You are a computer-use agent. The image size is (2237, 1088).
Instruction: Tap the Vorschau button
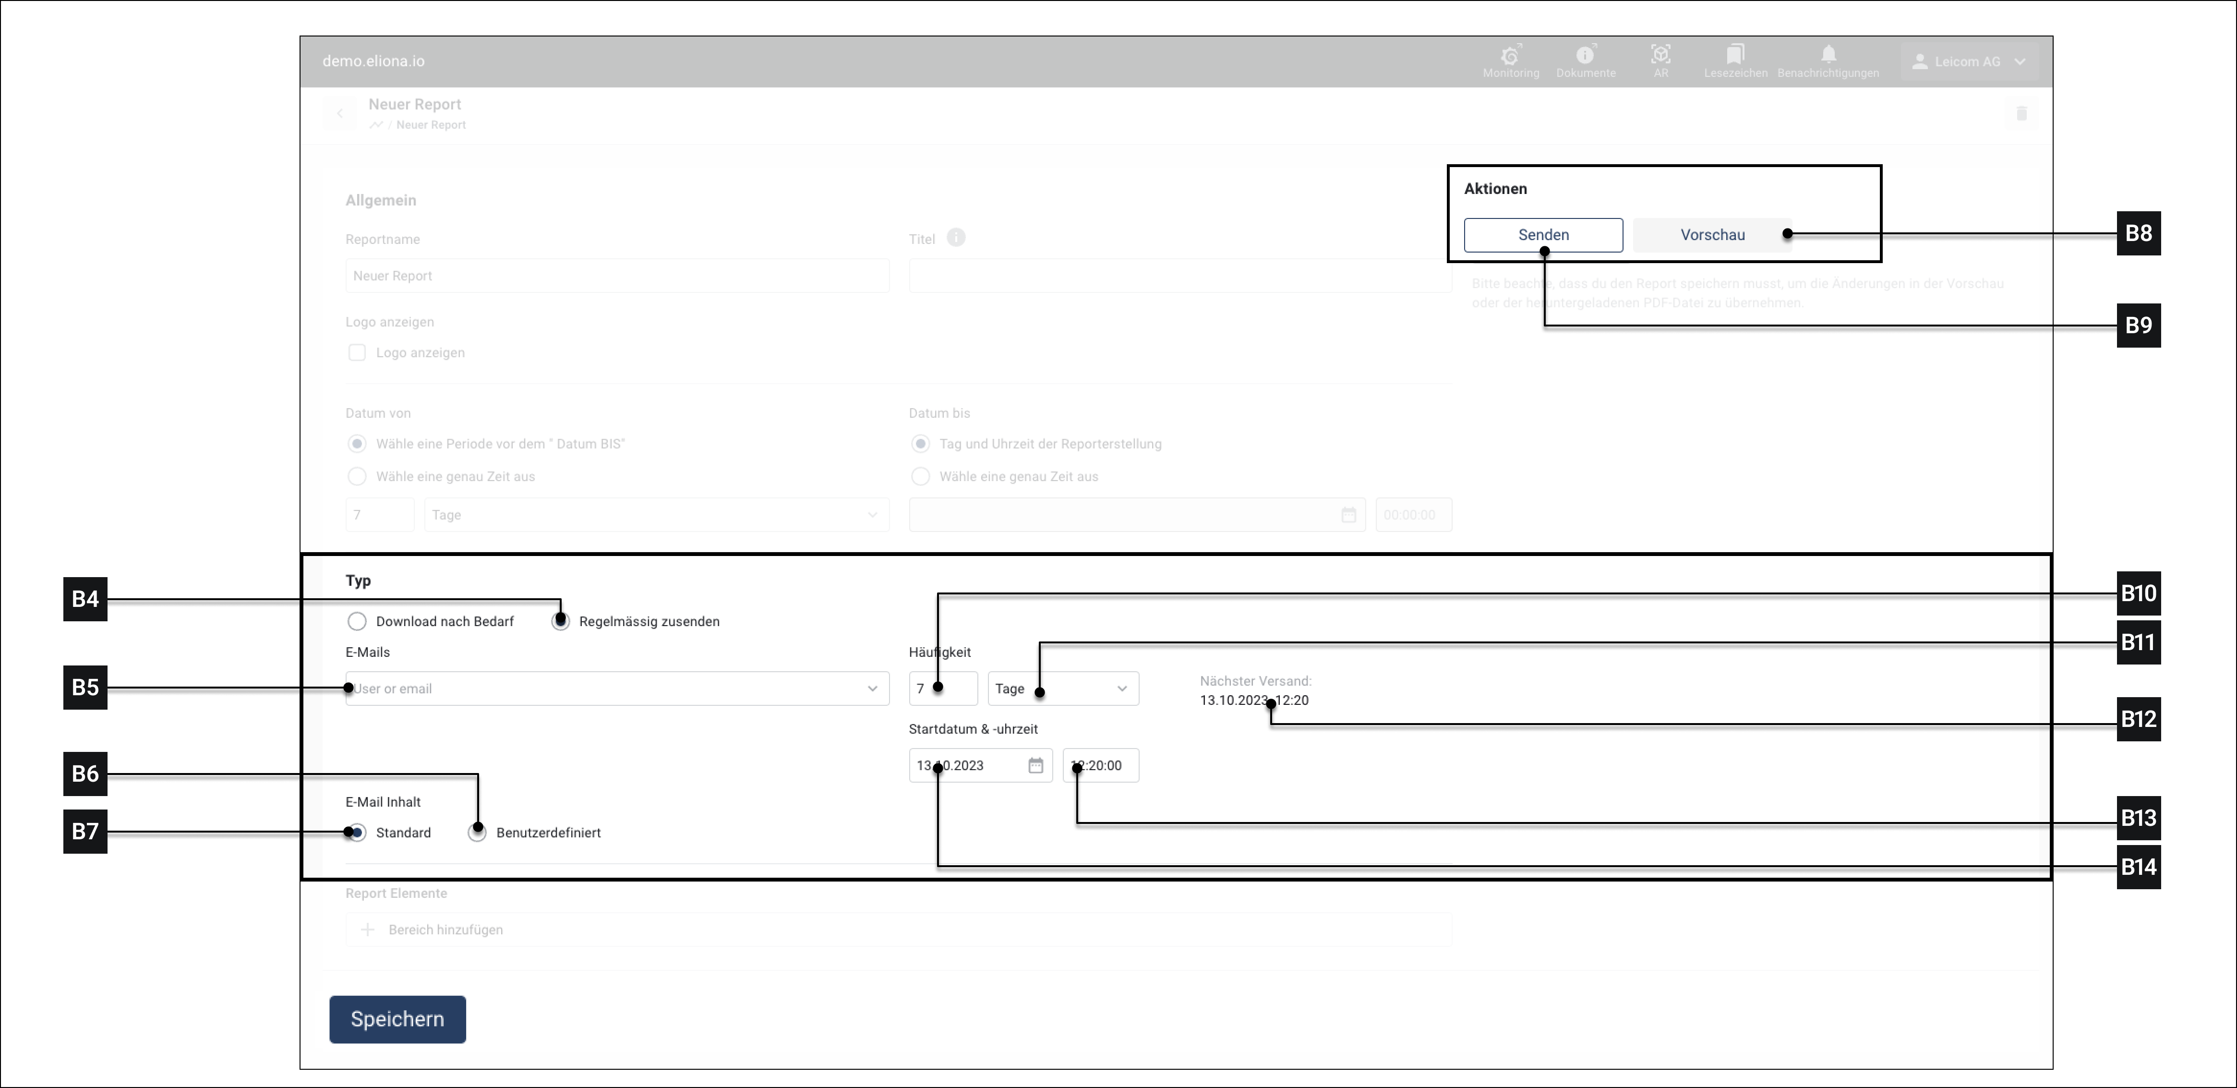(1712, 234)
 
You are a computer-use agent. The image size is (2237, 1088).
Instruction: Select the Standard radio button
(357, 833)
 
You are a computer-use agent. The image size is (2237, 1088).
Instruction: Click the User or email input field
(608, 689)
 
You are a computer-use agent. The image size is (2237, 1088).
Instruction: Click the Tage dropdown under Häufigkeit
(1062, 689)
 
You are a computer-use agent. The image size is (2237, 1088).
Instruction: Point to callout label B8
(2138, 233)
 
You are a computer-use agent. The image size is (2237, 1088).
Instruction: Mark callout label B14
(2138, 867)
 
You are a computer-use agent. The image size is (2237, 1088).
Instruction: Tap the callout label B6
(85, 774)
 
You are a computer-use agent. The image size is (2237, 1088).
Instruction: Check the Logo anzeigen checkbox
(357, 352)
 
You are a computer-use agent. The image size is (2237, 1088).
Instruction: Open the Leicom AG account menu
(1969, 61)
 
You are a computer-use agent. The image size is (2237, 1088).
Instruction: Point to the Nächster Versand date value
(1254, 701)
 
